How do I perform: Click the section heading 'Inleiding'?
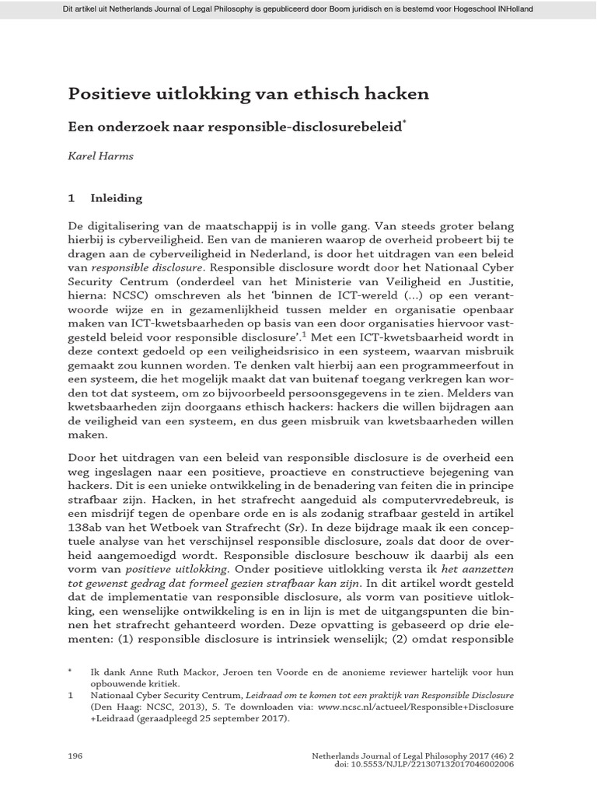coord(117,198)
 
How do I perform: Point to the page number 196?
coord(76,755)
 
